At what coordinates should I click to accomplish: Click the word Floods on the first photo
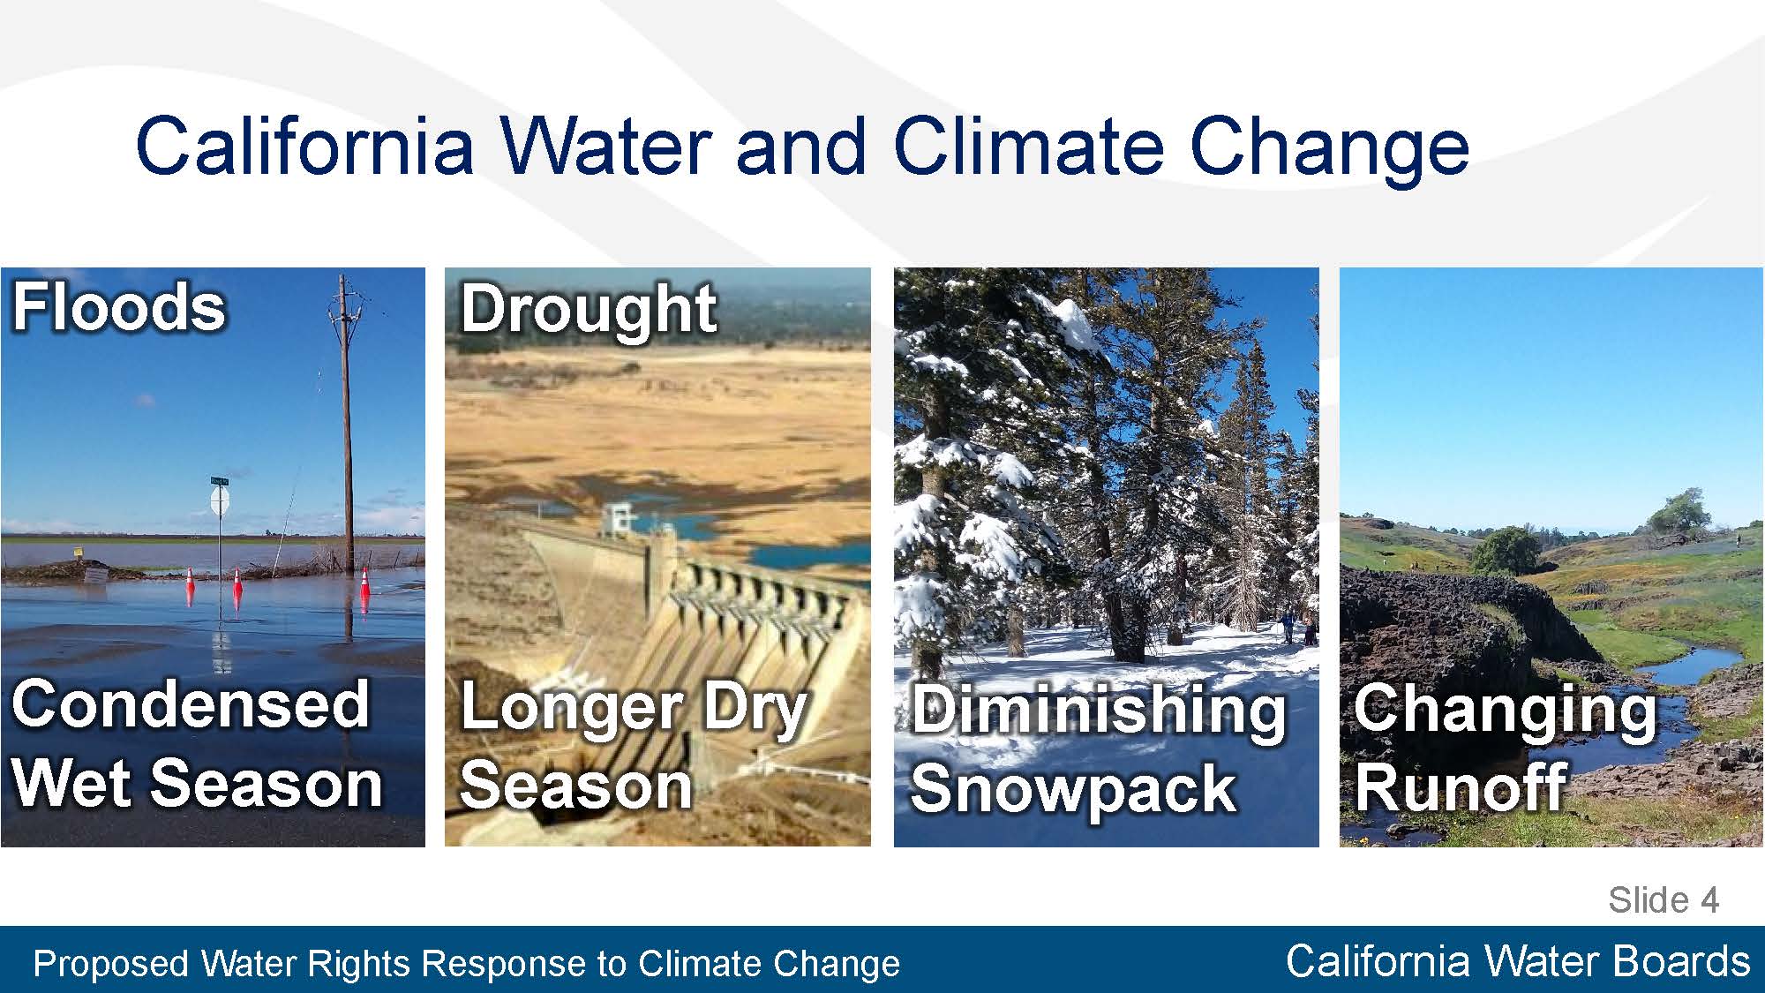[119, 307]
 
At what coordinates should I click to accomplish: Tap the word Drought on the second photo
[589, 309]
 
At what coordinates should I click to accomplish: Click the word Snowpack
[1073, 788]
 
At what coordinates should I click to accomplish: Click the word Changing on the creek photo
[1506, 711]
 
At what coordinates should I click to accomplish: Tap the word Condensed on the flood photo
[191, 703]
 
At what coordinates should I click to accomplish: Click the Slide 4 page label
[1664, 899]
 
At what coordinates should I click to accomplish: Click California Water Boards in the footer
[1518, 960]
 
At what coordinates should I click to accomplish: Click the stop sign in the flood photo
[220, 500]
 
